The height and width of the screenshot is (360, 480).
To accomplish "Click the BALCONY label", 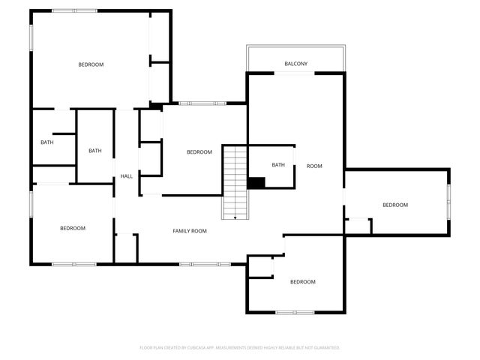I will (x=295, y=64).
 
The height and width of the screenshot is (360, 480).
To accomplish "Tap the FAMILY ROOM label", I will (x=190, y=231).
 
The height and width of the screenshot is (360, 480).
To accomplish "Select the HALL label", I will (x=127, y=176).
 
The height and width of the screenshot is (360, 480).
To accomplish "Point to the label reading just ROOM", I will (x=314, y=166).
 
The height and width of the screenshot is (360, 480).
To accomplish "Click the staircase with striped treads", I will (x=235, y=180).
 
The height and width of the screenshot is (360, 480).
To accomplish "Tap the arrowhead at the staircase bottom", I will (x=235, y=217).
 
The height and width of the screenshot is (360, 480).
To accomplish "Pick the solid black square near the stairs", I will (x=256, y=182).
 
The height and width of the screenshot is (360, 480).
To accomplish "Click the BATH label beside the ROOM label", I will (x=278, y=165).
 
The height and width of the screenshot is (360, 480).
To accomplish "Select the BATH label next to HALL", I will (x=95, y=151).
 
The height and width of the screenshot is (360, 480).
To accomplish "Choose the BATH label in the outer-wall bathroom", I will (x=47, y=142).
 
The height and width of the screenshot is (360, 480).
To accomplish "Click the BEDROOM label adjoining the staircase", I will (x=199, y=152).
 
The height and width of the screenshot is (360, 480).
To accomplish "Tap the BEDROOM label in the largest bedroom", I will (x=91, y=64).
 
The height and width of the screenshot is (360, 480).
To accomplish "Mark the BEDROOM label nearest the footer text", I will (x=302, y=282).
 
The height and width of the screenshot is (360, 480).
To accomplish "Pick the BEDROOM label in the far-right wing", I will (x=395, y=205).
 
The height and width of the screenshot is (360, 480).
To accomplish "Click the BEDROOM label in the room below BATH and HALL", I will (x=73, y=228).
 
